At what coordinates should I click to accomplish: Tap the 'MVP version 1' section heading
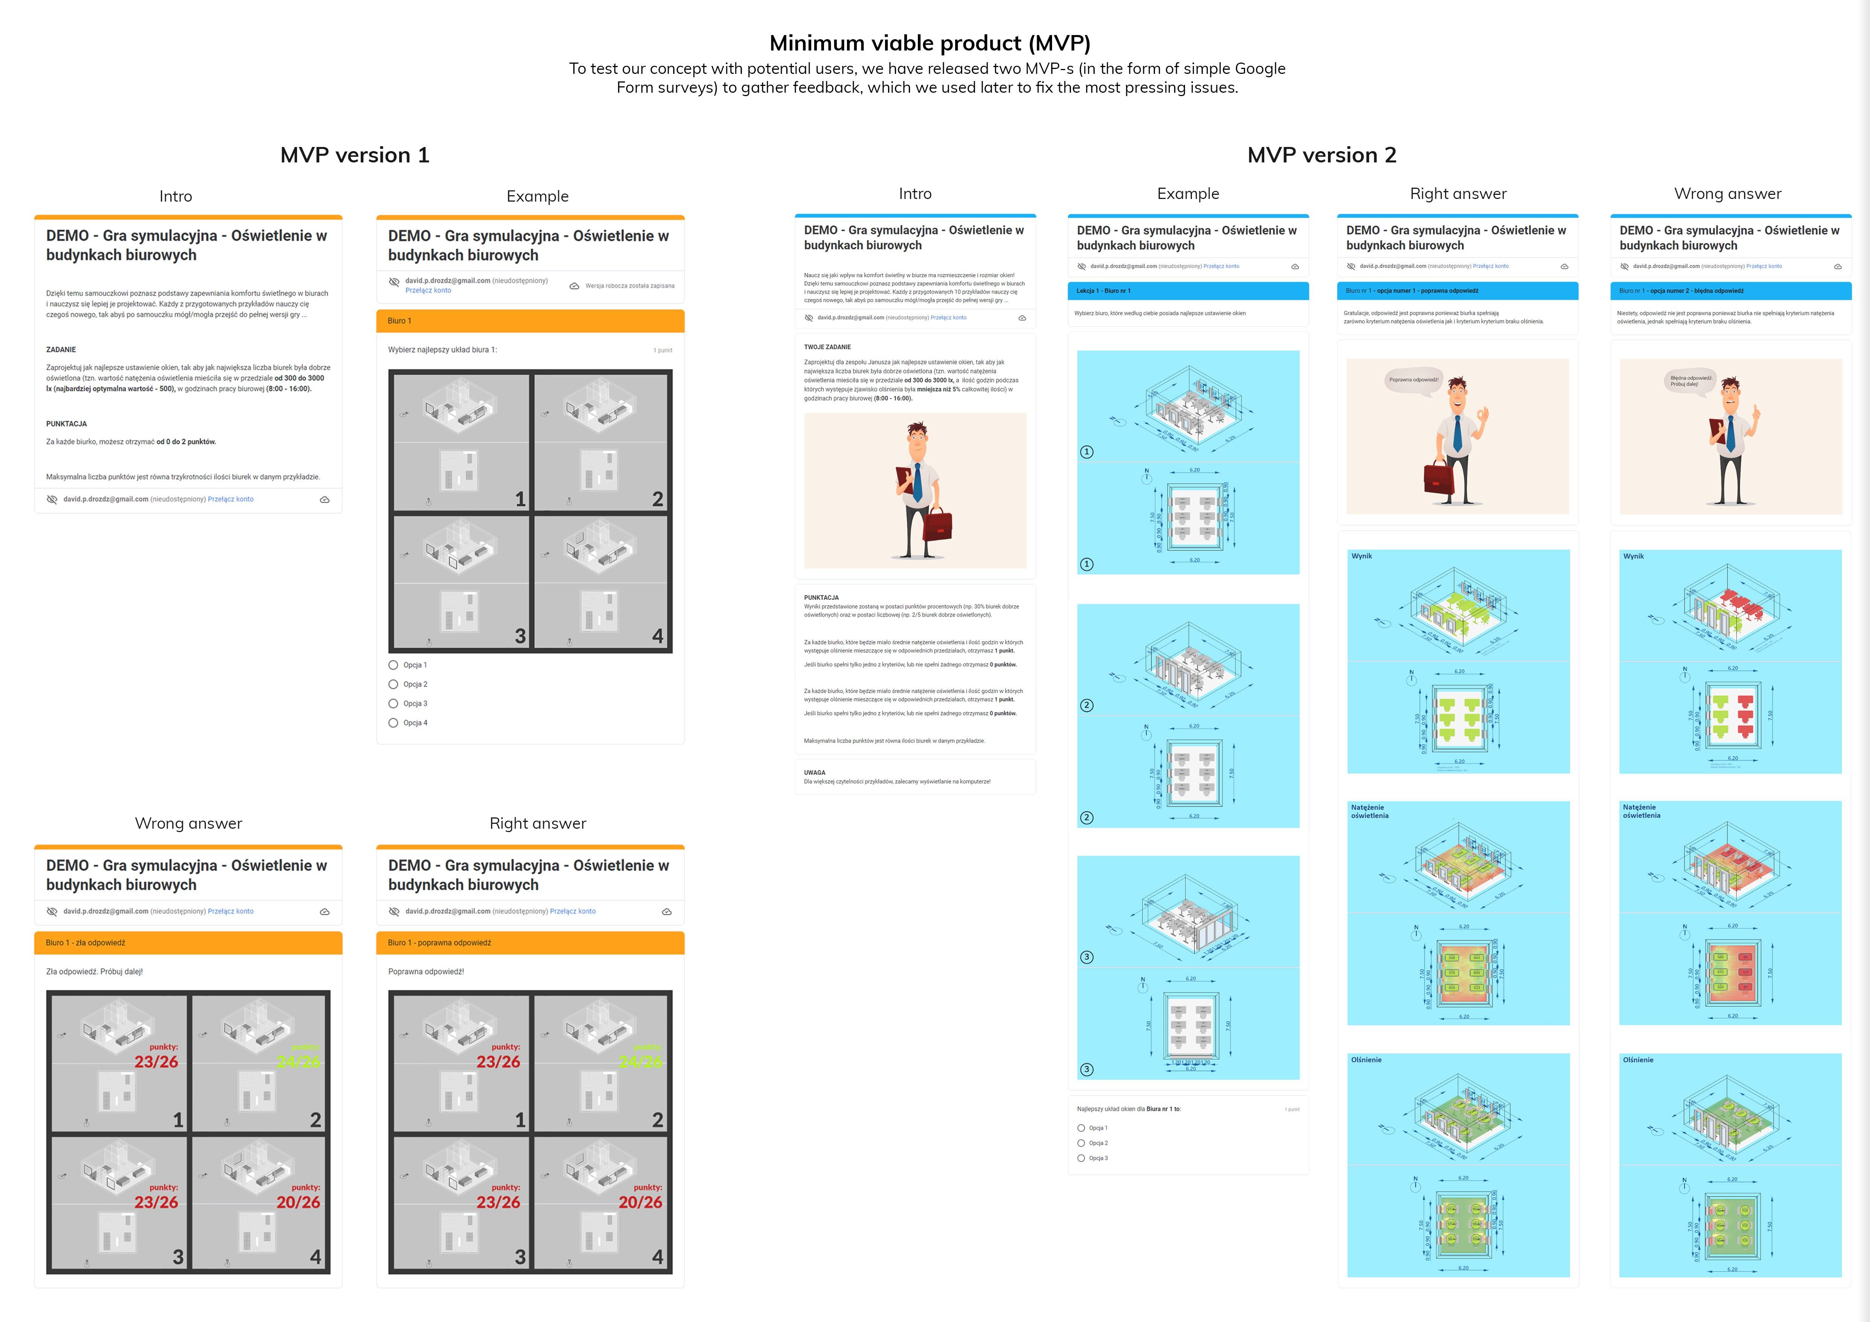click(x=354, y=155)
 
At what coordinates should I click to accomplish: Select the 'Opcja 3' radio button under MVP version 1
click(x=394, y=703)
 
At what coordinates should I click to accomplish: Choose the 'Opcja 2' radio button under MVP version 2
click(x=1081, y=1143)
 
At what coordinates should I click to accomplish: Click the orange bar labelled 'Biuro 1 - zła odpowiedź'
click(x=188, y=943)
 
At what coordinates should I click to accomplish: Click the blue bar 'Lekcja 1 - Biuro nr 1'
click(x=1187, y=291)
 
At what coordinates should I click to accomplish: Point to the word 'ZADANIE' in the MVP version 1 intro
click(x=61, y=349)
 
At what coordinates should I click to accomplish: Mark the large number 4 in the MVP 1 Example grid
click(x=657, y=636)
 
